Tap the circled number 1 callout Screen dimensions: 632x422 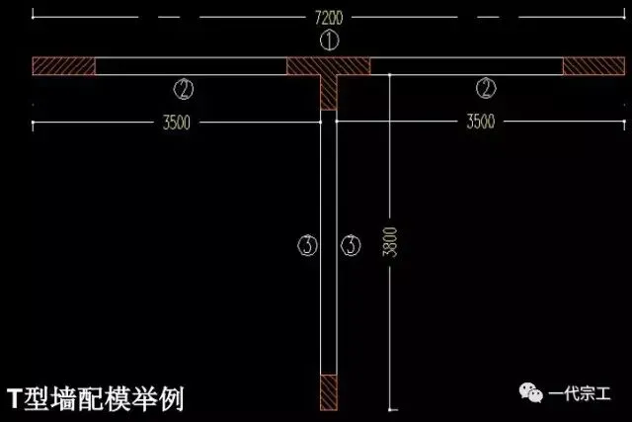[330, 41]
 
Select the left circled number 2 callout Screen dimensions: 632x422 [183, 88]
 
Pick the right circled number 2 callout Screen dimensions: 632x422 [485, 88]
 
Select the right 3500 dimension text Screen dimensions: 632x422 [480, 123]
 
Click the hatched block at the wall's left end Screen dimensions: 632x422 [63, 66]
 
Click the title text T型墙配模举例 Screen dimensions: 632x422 [95, 397]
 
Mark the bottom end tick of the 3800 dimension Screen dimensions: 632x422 [392, 407]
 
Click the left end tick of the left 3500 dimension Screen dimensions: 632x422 [34, 123]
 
